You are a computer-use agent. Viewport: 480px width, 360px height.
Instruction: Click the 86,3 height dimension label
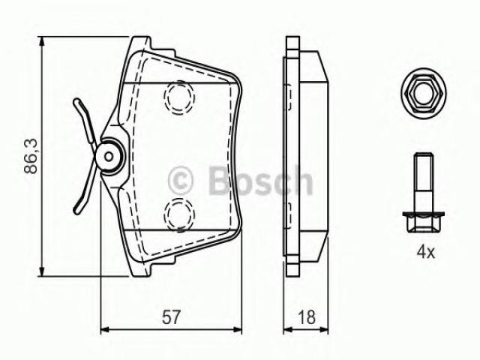tap(31, 156)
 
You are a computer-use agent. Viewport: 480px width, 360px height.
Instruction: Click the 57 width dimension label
tap(171, 317)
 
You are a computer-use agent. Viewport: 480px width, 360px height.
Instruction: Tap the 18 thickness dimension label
tap(307, 317)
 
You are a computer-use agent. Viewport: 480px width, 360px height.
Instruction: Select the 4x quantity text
tap(425, 252)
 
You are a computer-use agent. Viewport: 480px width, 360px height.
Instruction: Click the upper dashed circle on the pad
tap(179, 97)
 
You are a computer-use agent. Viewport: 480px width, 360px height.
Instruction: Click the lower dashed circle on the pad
tap(179, 214)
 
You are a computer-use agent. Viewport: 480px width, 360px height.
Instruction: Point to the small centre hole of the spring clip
tap(108, 157)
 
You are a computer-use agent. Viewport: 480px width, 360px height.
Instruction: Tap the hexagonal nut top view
tap(424, 93)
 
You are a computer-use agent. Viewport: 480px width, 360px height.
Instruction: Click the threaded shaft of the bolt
tap(424, 182)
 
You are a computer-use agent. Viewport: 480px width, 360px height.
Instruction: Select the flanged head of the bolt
tap(424, 222)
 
